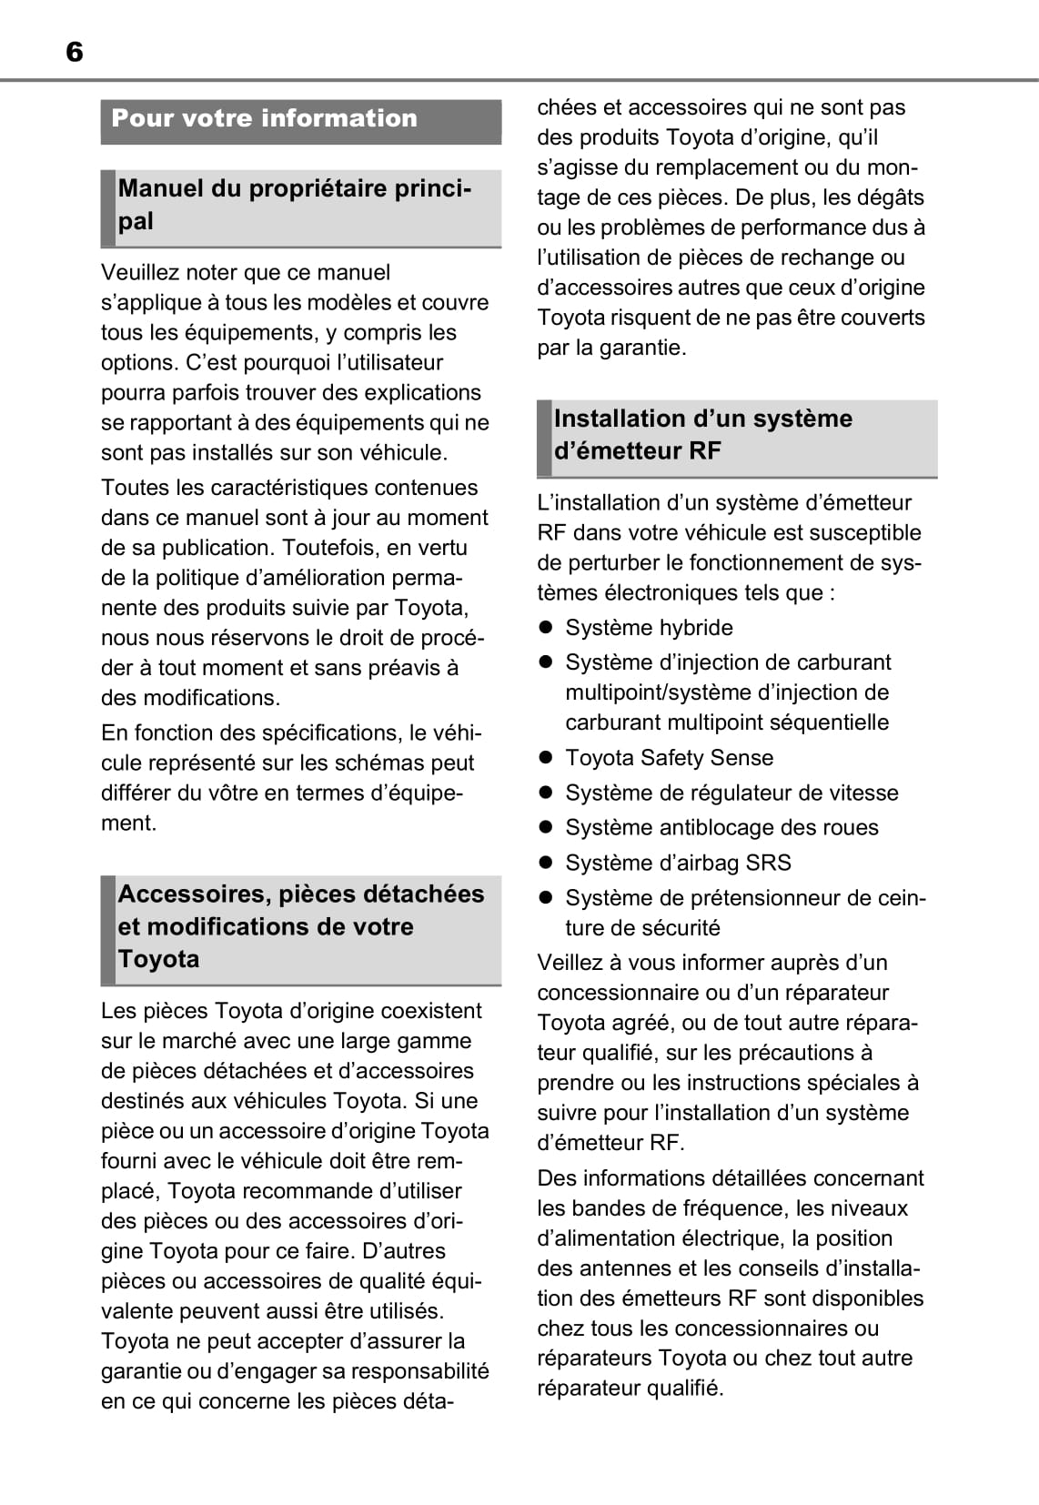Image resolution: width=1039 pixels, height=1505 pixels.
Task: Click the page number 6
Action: [75, 53]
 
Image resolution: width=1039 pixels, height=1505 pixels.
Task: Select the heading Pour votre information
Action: [264, 118]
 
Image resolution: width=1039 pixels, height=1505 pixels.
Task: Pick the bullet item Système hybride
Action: [649, 628]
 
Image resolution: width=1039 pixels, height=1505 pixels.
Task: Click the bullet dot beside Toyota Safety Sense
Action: [546, 758]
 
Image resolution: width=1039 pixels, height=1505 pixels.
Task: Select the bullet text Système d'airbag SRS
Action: [678, 863]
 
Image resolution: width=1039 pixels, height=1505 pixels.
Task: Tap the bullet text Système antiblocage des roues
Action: [721, 828]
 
